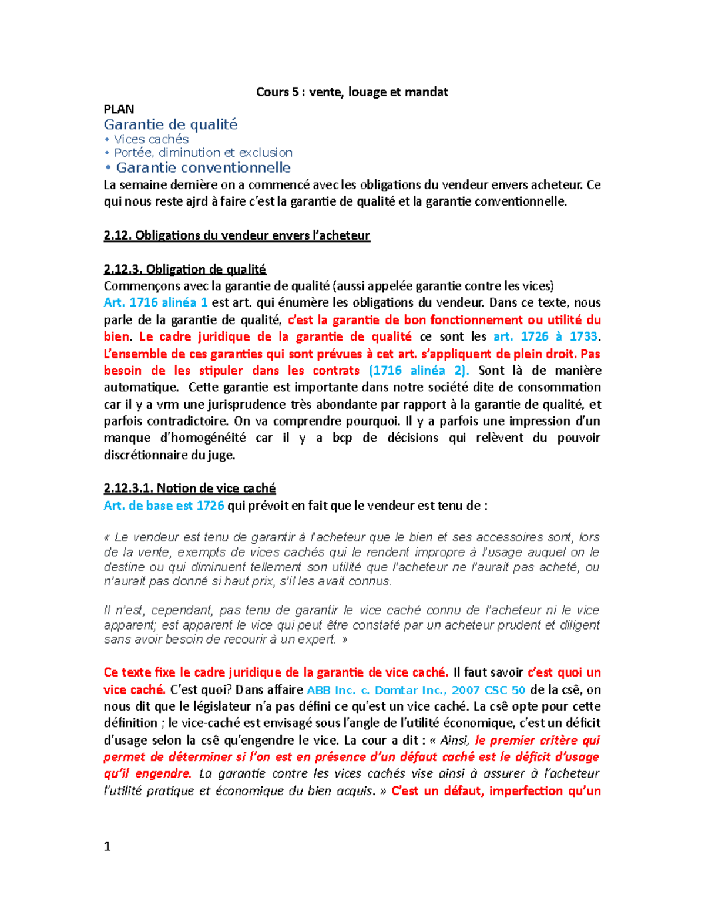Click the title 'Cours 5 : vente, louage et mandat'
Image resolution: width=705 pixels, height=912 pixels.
352,92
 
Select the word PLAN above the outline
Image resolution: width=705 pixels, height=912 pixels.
119,109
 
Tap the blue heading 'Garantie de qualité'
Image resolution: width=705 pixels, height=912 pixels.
170,124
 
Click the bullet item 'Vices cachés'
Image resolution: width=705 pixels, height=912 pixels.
151,139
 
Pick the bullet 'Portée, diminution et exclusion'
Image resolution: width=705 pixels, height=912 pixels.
203,153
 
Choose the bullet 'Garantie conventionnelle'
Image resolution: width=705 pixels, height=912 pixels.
203,168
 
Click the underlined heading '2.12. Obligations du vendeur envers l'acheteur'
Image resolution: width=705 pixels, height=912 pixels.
237,235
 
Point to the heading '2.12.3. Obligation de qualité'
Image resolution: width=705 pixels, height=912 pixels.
185,270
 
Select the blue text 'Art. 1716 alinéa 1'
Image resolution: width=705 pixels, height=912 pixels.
156,303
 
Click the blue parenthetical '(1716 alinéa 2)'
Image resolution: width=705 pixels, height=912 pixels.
419,371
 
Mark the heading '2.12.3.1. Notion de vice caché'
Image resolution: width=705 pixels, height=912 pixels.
190,489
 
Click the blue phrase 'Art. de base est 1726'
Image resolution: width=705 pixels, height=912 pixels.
164,506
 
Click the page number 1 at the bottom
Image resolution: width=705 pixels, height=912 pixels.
107,846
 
